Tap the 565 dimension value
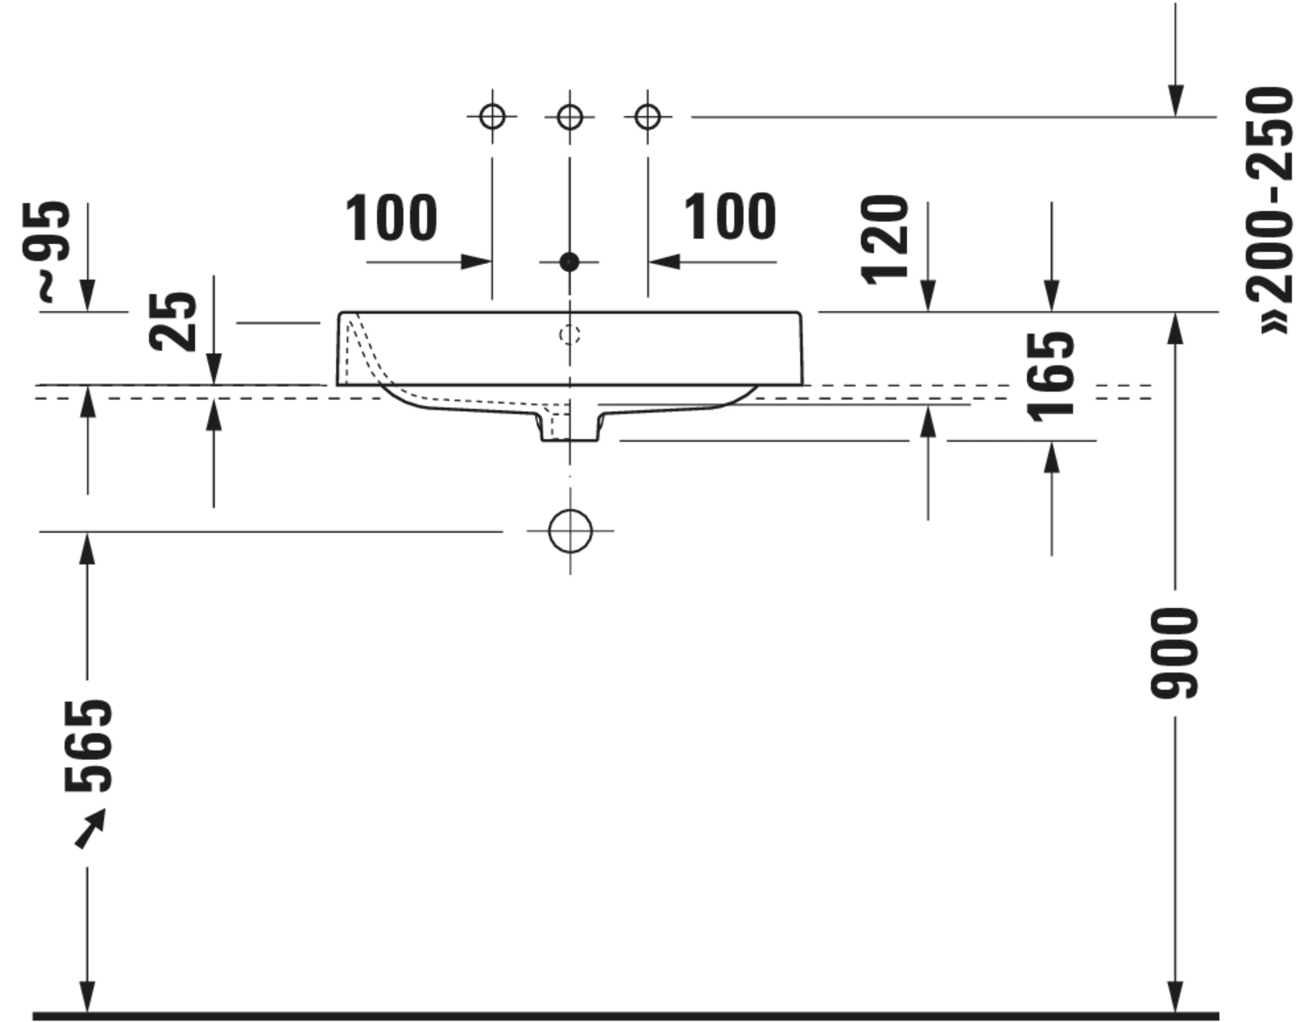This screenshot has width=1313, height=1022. click(88, 745)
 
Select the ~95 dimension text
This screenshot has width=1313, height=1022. click(46, 251)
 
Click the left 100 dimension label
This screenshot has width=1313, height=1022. click(391, 218)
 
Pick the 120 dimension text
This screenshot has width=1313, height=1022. click(885, 240)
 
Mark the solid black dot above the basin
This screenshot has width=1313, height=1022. click(569, 262)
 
